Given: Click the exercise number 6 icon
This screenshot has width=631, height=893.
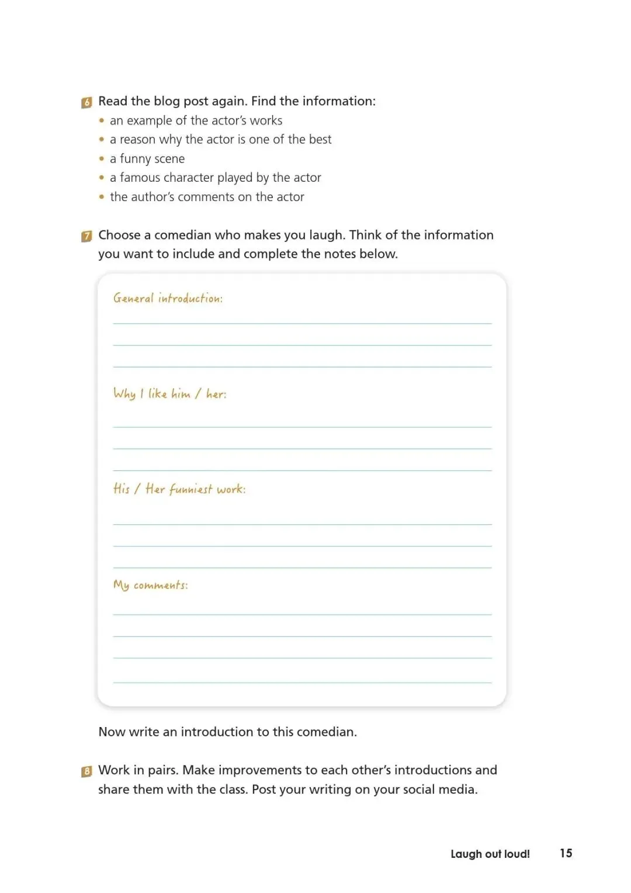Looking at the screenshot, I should [x=86, y=103].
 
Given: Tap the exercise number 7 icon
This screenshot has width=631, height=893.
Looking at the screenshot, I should [x=86, y=237].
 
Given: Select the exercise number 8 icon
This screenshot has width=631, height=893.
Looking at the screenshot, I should [x=86, y=771].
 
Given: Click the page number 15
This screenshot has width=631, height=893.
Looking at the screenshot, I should [x=566, y=853].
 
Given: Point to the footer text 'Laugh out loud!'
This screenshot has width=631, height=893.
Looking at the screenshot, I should [x=490, y=854].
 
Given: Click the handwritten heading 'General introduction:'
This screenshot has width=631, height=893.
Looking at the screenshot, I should [x=168, y=299].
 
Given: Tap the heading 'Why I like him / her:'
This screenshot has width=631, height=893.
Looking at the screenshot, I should [x=169, y=394].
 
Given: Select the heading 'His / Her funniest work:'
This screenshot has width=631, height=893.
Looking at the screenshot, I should [x=179, y=489].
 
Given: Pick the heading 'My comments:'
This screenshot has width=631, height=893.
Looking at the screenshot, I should [x=151, y=585].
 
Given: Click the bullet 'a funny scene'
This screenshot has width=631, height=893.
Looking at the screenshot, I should [x=147, y=159].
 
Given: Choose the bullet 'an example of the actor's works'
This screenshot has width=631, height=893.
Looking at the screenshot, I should [x=196, y=120].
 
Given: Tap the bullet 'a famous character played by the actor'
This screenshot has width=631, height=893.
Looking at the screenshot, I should [x=215, y=178].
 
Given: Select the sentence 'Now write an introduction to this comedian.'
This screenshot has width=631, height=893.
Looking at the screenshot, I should [x=227, y=732].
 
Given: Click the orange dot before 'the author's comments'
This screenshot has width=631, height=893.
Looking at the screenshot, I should [x=102, y=198].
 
